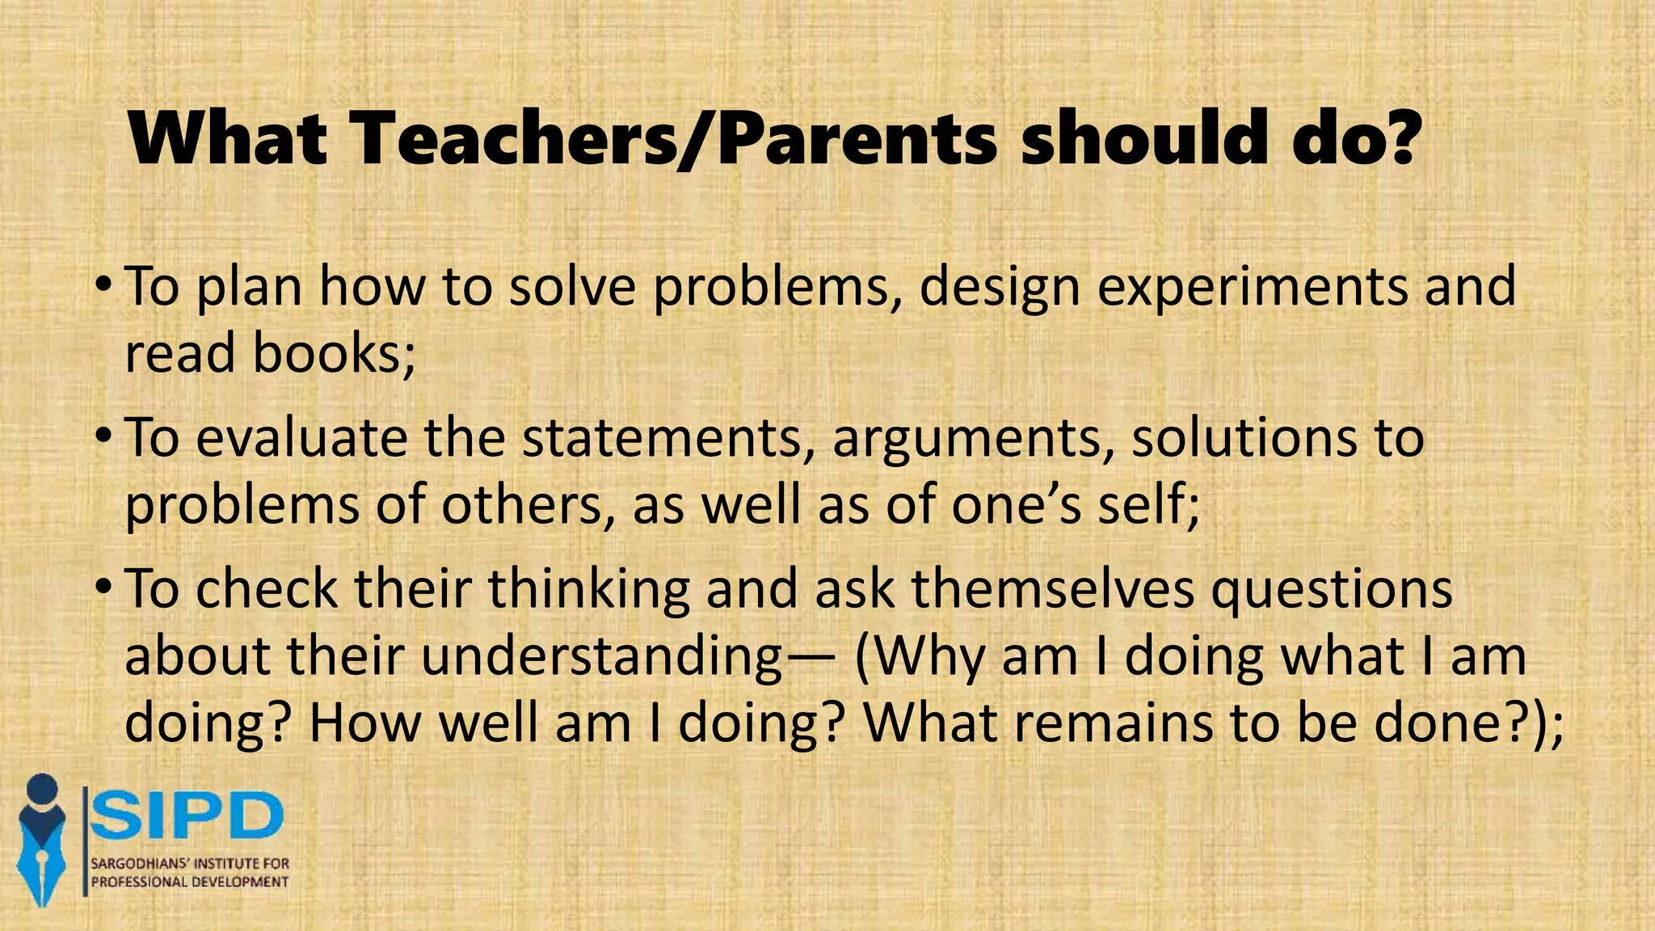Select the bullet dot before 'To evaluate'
tap(103, 436)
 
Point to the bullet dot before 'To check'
tap(103, 588)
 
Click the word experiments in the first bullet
tap(1252, 287)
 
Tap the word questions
tap(1331, 590)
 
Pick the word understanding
tap(601, 656)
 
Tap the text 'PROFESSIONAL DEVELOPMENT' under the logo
tap(189, 882)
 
